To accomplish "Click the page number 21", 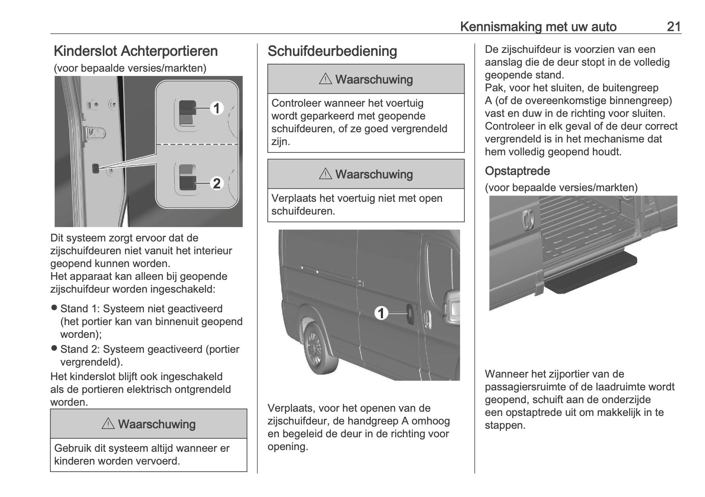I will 673,26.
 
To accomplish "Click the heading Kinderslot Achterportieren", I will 136,51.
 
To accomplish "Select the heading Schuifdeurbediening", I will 332,51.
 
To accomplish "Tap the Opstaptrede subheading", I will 517,171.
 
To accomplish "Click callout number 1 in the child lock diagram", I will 217,108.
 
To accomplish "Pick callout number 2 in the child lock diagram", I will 217,183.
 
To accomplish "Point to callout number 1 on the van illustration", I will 381,314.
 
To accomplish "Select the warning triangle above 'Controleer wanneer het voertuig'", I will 325,79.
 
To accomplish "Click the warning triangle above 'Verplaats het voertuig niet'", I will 325,174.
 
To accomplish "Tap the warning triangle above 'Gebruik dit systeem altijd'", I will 108,424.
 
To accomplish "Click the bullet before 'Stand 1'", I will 54,308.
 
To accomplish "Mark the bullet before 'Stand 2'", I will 54,348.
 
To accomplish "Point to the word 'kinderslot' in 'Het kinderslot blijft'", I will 90,377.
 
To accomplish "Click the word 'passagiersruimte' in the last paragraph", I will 523,387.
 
